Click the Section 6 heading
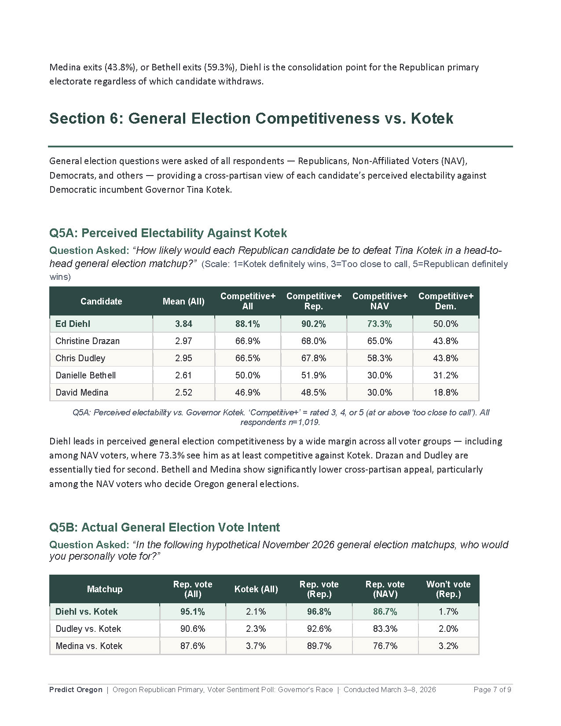tap(251, 118)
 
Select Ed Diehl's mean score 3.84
tap(183, 324)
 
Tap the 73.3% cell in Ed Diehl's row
tap(379, 324)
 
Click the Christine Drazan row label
tap(88, 341)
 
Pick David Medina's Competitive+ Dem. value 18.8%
tap(445, 392)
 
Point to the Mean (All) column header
tap(183, 301)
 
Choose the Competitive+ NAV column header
tap(379, 301)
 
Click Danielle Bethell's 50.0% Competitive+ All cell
tap(247, 375)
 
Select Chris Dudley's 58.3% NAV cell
tap(379, 358)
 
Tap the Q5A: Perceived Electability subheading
tap(168, 233)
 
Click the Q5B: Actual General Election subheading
tap(165, 527)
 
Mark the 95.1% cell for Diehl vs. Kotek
tap(192, 612)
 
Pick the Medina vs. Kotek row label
tap(89, 646)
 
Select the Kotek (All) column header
tap(256, 589)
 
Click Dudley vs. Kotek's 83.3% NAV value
tap(385, 629)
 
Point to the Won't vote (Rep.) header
tap(448, 589)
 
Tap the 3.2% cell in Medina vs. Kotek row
tap(448, 646)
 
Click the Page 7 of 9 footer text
tap(492, 689)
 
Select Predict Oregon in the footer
tap(76, 689)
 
